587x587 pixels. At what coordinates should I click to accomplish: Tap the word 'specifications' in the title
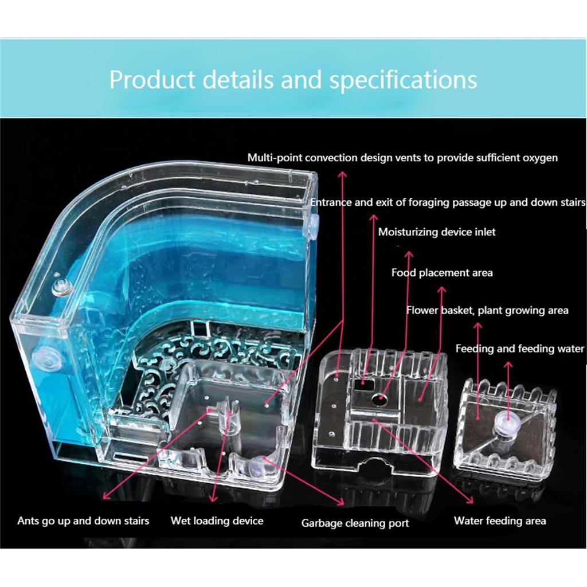pyautogui.click(x=403, y=80)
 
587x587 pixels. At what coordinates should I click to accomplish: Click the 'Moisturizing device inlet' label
pyautogui.click(x=436, y=232)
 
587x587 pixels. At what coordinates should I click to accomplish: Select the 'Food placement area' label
pyautogui.click(x=442, y=272)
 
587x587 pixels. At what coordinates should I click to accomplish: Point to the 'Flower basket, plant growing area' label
pyautogui.click(x=487, y=310)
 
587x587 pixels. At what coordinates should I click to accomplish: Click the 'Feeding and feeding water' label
pyautogui.click(x=519, y=349)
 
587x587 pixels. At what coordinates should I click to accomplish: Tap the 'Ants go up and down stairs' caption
pyautogui.click(x=83, y=521)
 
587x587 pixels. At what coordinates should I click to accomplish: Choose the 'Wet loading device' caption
pyautogui.click(x=217, y=521)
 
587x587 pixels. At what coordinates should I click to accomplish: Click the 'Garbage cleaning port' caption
pyautogui.click(x=355, y=523)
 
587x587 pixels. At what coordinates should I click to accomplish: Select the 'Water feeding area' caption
pyautogui.click(x=500, y=521)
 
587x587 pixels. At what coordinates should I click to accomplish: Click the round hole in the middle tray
pyautogui.click(x=379, y=399)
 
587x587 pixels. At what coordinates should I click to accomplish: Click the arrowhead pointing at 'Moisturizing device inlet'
pyautogui.click(x=409, y=255)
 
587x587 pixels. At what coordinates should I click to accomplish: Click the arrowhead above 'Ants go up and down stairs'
pyautogui.click(x=106, y=495)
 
